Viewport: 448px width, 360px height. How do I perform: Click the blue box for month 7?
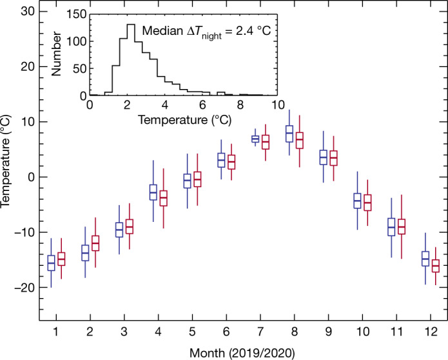(x=255, y=139)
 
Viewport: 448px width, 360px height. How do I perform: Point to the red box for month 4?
(x=164, y=198)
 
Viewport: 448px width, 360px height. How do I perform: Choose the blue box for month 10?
(x=357, y=201)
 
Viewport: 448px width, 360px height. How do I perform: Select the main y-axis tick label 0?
(x=30, y=177)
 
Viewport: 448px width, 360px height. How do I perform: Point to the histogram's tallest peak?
(x=130, y=26)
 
